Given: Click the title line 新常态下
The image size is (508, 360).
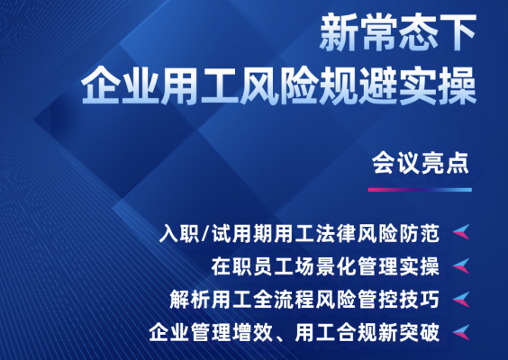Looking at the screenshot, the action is click(x=397, y=32).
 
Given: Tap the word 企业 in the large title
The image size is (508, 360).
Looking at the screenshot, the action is click(x=120, y=85).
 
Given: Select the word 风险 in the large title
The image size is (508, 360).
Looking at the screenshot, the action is click(x=278, y=85).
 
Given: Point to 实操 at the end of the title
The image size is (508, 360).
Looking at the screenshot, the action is click(x=438, y=85).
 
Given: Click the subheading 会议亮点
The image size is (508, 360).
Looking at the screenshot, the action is click(x=421, y=163).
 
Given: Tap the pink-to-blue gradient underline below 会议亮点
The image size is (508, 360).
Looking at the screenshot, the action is click(x=420, y=190).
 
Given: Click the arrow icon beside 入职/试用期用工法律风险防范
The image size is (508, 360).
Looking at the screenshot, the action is click(x=461, y=232).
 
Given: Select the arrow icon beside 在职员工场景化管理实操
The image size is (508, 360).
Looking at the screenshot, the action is click(x=461, y=265).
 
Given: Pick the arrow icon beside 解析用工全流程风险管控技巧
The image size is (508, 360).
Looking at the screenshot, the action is click(x=461, y=299).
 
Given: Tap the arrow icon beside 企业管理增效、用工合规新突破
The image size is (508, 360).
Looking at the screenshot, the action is click(x=461, y=332).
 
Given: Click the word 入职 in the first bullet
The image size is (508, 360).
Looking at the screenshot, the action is click(x=179, y=233).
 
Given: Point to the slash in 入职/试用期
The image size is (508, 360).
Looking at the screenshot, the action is click(x=205, y=233).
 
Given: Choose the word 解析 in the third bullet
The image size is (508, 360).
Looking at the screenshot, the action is click(x=189, y=300).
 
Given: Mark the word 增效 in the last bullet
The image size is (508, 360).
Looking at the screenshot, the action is click(x=252, y=332).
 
